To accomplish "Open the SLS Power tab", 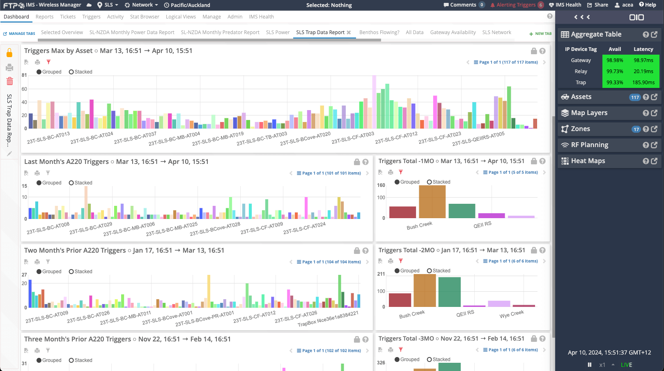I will [x=278, y=32].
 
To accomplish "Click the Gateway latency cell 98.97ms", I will [x=643, y=60].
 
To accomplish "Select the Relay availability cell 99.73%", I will [x=615, y=71].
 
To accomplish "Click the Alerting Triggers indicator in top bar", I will [x=517, y=5].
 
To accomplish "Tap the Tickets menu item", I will [x=68, y=17].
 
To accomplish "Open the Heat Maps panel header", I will [x=588, y=161].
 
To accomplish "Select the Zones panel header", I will [x=580, y=129].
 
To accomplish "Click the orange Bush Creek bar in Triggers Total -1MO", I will [x=432, y=201].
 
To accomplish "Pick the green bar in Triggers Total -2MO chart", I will [x=449, y=292].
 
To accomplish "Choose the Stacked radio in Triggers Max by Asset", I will [x=71, y=72].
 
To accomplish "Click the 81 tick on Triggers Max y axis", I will [x=24, y=75].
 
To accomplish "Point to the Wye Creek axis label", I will [x=512, y=314].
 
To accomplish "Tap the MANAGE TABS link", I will [x=19, y=34].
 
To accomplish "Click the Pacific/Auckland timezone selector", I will [x=187, y=5].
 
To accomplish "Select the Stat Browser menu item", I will [x=145, y=17].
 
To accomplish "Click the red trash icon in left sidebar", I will [x=10, y=81].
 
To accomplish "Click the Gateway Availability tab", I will [x=453, y=32].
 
